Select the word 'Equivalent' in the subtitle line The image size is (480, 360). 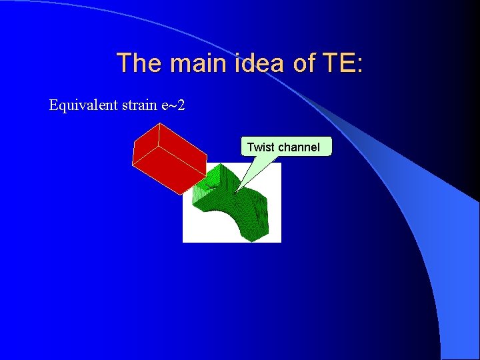point(80,105)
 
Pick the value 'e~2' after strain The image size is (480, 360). point(171,105)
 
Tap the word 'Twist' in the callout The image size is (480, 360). point(260,147)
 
